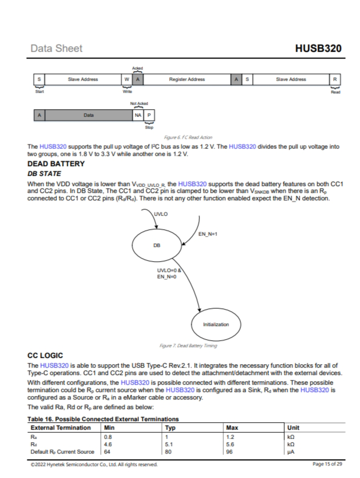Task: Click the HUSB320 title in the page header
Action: point(318,48)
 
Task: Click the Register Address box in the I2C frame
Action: point(187,80)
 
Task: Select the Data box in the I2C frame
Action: point(88,115)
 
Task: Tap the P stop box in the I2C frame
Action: point(149,115)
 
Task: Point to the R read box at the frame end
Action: point(335,80)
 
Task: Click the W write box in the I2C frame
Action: point(127,80)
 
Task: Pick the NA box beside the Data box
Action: point(138,115)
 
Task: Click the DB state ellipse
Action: point(156,245)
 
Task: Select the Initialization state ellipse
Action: point(216,324)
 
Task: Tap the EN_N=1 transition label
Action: point(208,234)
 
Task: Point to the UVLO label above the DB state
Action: point(161,214)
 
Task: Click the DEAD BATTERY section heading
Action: point(56,164)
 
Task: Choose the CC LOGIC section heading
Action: point(49,356)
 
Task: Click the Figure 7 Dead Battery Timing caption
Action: point(187,345)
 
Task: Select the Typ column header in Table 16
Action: point(170,427)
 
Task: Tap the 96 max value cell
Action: point(231,452)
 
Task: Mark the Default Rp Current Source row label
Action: point(62,452)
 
